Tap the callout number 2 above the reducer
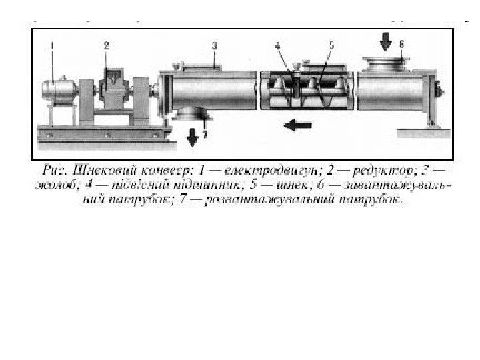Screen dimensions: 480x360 (107, 46)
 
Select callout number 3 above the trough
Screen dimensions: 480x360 (215, 46)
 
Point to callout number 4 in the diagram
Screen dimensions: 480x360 (278, 46)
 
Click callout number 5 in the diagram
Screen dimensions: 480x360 (331, 46)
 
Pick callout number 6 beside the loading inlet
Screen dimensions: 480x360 (401, 44)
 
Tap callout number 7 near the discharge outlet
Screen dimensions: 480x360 (205, 134)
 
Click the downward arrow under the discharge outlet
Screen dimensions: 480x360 (193, 136)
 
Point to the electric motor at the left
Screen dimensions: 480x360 (59, 92)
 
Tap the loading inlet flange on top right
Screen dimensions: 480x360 (385, 65)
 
